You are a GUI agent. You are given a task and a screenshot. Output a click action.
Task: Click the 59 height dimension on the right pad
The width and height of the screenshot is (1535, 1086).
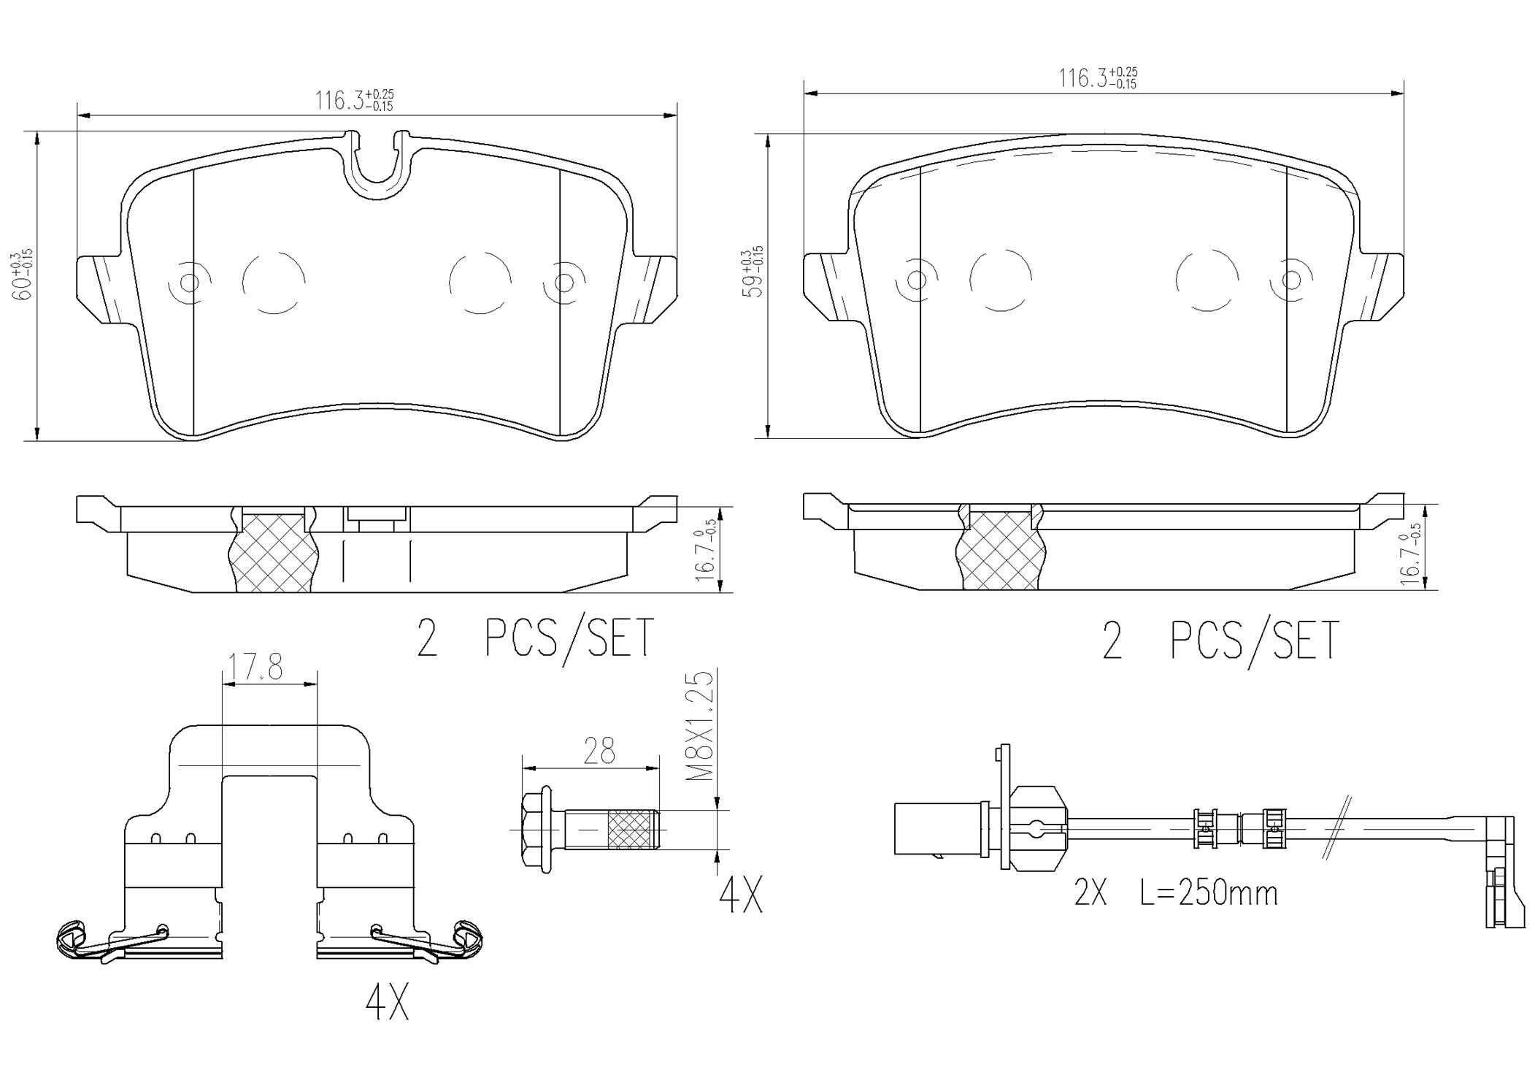tap(752, 272)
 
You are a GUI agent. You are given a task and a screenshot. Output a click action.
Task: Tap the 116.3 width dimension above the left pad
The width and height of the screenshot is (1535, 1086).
tap(354, 100)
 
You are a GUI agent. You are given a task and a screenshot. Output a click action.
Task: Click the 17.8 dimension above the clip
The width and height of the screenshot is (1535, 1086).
tap(255, 668)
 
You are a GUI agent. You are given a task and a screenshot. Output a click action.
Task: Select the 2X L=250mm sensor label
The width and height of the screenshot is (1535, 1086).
tap(1175, 893)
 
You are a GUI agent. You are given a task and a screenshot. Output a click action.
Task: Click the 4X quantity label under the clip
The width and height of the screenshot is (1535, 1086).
tap(387, 1004)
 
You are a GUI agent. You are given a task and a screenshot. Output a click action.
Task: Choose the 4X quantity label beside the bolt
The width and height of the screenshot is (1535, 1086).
tap(740, 896)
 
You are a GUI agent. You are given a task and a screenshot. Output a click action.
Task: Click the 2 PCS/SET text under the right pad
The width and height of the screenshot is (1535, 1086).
tap(1220, 640)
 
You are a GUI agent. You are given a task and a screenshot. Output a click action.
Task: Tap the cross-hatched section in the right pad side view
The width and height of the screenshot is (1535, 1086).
tap(1000, 551)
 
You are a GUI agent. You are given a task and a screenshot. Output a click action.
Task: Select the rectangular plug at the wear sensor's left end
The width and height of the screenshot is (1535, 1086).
tap(938, 827)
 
